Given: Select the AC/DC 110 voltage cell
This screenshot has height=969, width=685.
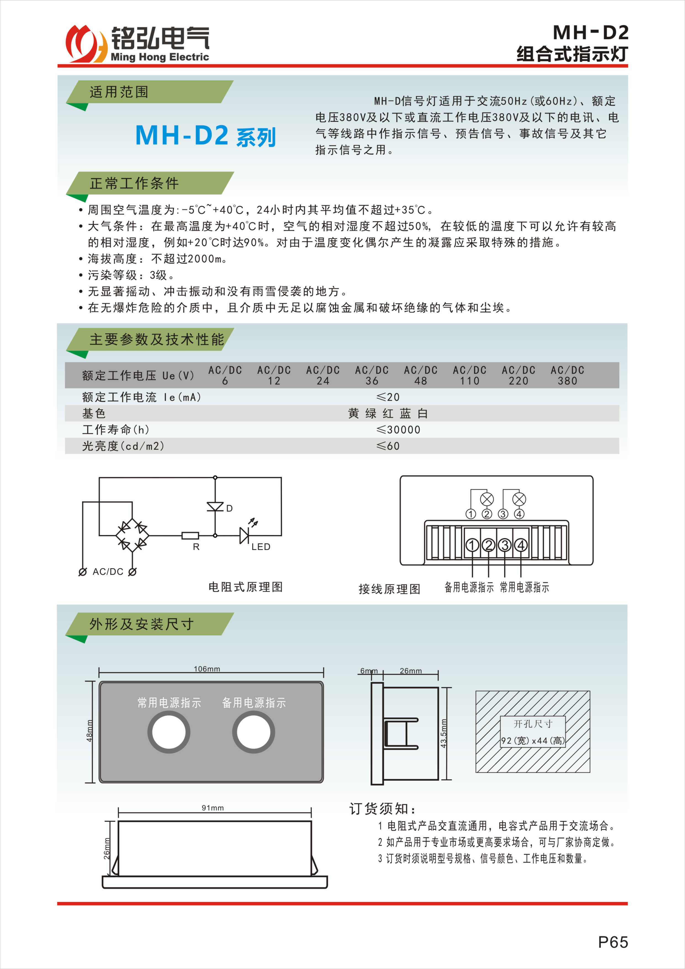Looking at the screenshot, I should [x=469, y=375].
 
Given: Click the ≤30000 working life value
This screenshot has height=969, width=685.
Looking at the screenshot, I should [x=398, y=430].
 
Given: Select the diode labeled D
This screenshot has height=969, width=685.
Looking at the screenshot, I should [x=215, y=506].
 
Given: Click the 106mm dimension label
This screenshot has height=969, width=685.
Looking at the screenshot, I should [x=207, y=669].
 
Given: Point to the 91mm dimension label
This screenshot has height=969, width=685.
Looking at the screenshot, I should [x=213, y=808].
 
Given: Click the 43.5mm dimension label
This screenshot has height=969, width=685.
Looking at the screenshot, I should [x=444, y=733].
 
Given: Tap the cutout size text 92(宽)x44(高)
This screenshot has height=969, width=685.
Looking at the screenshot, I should [x=532, y=741].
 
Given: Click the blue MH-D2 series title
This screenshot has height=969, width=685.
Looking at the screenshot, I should [x=205, y=136].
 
